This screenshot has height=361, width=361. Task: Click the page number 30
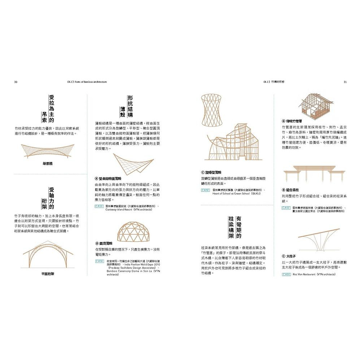click(x=16, y=82)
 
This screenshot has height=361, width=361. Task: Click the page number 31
click(x=345, y=82)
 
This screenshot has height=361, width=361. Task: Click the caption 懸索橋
click(x=47, y=164)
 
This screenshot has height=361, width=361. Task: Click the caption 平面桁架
click(x=48, y=274)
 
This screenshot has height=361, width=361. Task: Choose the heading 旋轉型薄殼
click(x=213, y=173)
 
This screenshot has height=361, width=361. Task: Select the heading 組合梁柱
click(x=292, y=190)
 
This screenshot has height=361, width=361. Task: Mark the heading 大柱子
click(x=290, y=256)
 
